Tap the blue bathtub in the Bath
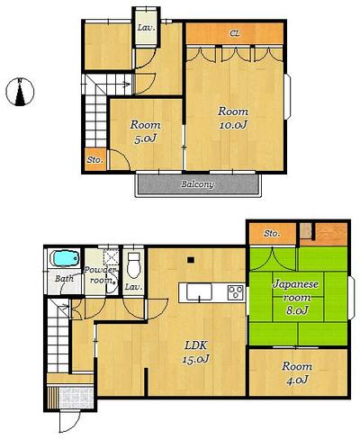[63, 259]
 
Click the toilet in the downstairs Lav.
[134, 265]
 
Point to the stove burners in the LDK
[235, 291]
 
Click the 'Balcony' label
[197, 184]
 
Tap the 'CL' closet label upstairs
[235, 33]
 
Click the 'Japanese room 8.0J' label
[296, 297]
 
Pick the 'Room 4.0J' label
[296, 372]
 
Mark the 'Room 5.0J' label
[145, 132]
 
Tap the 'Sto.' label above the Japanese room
[272, 234]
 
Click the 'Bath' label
[63, 280]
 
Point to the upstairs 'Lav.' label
[143, 27]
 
